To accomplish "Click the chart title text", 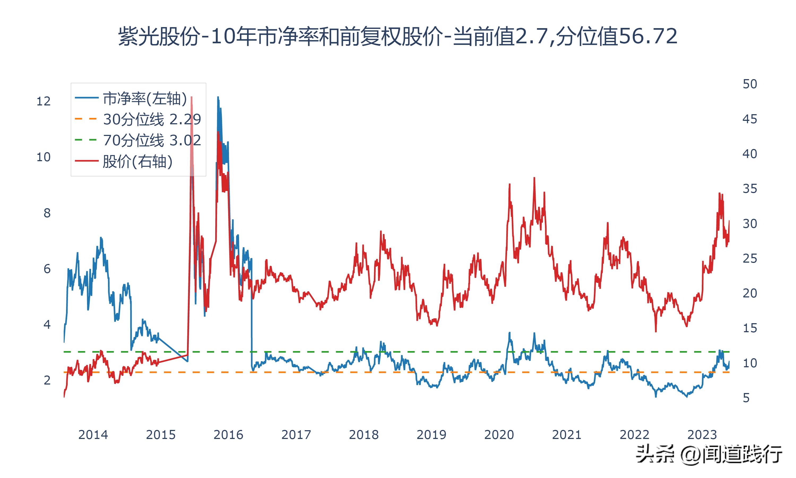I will point(398,36).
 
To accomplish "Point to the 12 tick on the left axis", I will point(44,101).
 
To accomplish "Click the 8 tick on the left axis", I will point(47,213).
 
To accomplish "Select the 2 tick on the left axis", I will point(47,380).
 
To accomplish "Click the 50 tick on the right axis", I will point(750,84).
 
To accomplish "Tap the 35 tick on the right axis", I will point(750,189).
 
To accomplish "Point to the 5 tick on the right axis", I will point(746,398).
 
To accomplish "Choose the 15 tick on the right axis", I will point(750,328).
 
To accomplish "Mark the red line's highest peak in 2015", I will point(192,97).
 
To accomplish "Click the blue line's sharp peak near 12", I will point(218,97).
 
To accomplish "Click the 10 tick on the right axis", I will point(750,363).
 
